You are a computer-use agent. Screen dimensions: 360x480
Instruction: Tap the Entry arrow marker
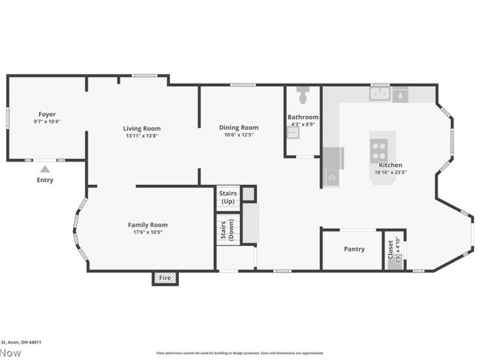(x=45, y=169)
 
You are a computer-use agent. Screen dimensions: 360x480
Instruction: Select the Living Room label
(x=142, y=128)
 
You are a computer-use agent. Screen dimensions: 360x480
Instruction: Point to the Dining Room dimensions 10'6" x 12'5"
(x=239, y=135)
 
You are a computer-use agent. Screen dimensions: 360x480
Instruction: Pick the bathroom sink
(x=293, y=133)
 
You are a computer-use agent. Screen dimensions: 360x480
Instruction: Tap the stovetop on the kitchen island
(x=379, y=148)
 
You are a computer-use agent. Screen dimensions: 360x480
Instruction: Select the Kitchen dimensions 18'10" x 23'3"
(x=390, y=172)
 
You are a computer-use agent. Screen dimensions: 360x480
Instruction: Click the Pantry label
(x=354, y=249)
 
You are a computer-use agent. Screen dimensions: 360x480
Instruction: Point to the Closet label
(x=390, y=249)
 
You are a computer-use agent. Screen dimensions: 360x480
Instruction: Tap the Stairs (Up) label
(x=229, y=197)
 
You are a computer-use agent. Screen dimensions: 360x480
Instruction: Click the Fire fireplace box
(x=165, y=278)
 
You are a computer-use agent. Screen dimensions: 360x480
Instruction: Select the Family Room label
(x=148, y=225)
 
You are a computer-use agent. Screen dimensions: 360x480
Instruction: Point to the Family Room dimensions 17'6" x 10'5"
(x=148, y=232)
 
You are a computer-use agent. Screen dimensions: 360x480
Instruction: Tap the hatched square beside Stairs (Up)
(x=248, y=193)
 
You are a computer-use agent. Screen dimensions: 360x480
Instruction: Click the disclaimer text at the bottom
(x=240, y=353)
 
